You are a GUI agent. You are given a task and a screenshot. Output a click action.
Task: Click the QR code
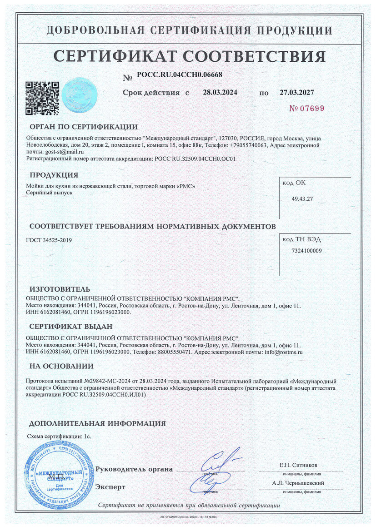click(x=42, y=97)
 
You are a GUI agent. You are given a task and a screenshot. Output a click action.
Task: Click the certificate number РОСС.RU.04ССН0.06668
click(x=179, y=75)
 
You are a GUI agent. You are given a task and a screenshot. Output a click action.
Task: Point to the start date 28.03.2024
click(x=220, y=92)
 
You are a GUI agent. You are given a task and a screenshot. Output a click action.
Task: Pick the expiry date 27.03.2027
click(x=296, y=92)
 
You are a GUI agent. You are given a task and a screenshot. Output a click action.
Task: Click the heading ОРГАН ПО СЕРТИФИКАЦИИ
click(x=84, y=127)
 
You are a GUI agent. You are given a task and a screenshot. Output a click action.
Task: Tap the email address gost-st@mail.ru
click(x=61, y=151)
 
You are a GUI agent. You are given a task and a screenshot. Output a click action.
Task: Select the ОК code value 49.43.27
click(x=303, y=199)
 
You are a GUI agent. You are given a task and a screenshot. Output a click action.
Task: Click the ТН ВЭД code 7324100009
click(x=306, y=250)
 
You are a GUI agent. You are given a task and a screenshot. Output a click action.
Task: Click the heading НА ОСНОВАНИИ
click(x=61, y=366)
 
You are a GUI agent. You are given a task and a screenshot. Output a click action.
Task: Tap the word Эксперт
click(x=110, y=486)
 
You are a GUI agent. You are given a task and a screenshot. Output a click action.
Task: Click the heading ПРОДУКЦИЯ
click(x=54, y=175)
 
